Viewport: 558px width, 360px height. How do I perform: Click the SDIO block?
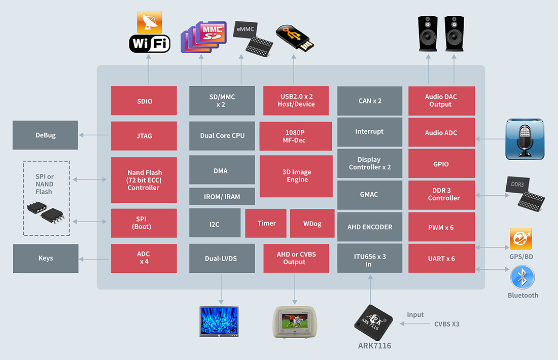144,101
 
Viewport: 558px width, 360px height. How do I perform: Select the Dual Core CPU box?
222,135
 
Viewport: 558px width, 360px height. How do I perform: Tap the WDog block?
312,223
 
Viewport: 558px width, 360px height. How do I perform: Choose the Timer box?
266,223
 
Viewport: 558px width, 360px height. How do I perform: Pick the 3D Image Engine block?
297,176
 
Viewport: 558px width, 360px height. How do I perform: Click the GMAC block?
369,195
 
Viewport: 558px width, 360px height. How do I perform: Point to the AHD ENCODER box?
369,227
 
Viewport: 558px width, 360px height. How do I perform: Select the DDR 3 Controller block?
442,194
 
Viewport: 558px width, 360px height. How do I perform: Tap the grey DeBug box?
45,135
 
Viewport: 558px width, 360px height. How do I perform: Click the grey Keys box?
46,258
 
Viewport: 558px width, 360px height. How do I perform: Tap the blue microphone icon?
525,139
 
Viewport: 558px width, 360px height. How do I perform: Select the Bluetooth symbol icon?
522,277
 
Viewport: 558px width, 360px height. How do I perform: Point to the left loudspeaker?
428,33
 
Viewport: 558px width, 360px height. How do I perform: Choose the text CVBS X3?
446,324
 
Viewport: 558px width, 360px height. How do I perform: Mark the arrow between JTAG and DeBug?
94,135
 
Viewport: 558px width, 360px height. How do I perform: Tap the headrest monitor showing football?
295,322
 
